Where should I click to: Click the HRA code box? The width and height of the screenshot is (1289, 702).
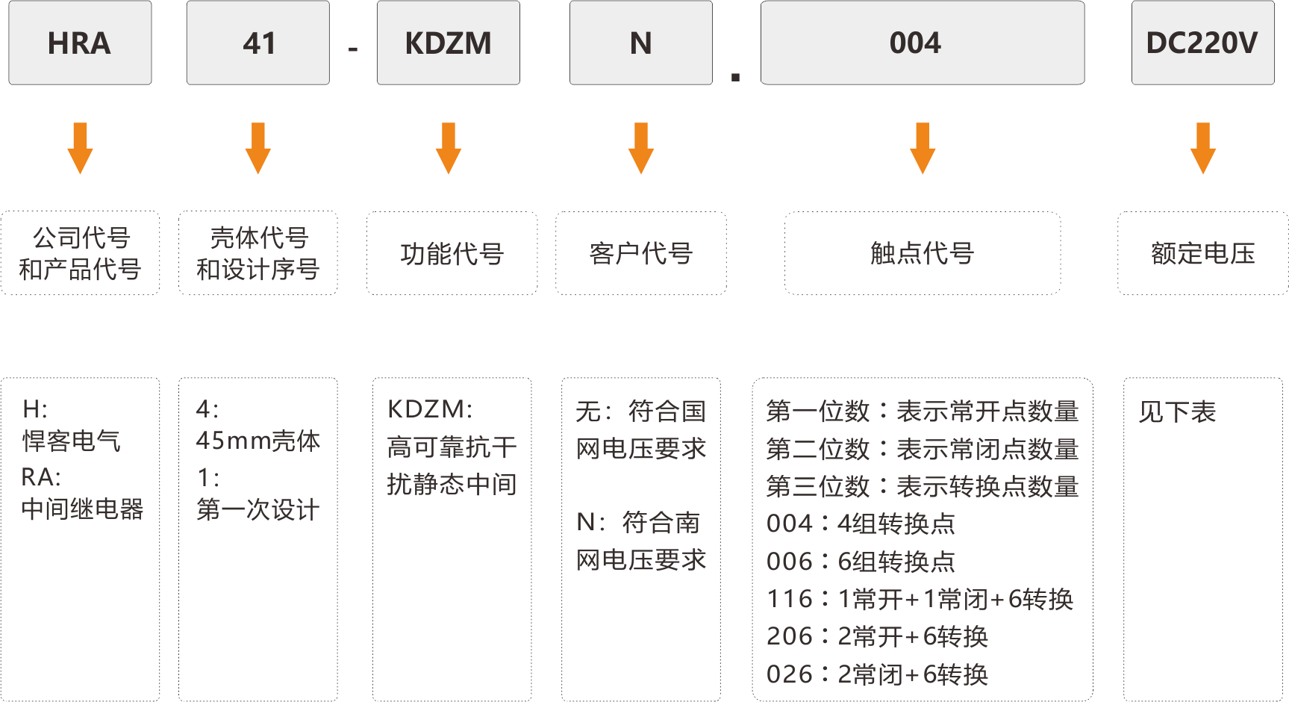(80, 43)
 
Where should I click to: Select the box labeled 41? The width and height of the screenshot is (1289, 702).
(258, 43)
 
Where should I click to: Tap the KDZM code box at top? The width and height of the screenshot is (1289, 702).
(449, 43)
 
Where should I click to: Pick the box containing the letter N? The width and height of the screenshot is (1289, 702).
(641, 43)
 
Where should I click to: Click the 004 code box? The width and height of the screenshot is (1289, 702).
(923, 43)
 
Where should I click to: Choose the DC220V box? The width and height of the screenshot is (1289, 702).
(1203, 43)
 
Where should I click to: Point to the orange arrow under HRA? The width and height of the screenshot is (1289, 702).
(80, 149)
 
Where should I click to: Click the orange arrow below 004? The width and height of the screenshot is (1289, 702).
(923, 149)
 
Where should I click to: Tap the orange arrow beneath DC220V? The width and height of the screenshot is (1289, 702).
(1203, 149)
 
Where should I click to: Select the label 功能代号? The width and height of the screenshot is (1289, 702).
(452, 254)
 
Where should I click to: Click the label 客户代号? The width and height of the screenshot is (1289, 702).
(641, 254)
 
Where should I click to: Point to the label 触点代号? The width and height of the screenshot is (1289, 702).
(923, 254)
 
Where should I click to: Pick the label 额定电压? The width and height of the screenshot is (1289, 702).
(1203, 254)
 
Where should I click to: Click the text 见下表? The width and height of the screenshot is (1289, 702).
(1177, 411)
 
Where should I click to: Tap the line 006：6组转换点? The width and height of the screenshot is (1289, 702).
(861, 562)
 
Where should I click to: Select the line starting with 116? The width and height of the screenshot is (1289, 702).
(920, 599)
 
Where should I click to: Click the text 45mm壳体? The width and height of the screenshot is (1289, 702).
(258, 441)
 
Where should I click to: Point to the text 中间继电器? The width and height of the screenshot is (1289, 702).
(82, 509)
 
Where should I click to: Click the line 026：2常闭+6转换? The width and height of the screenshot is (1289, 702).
(877, 674)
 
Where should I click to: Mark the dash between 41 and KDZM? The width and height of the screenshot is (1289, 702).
(353, 50)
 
